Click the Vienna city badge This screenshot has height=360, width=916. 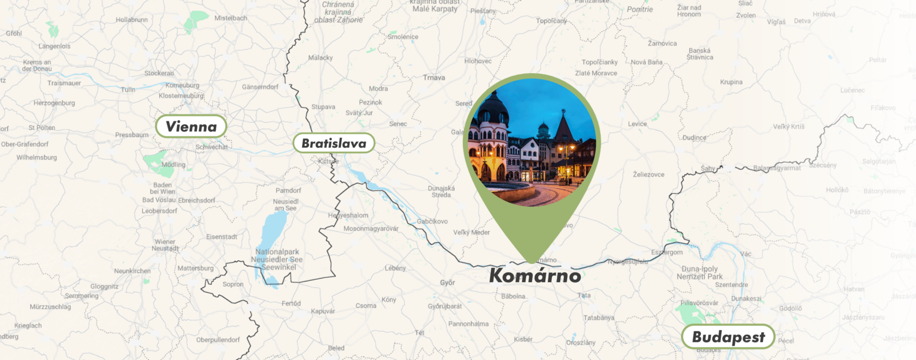click(x=191, y=127)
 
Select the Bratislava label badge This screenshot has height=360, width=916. click(x=334, y=143)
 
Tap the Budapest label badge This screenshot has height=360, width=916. click(x=728, y=337)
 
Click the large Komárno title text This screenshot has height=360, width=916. click(x=535, y=275)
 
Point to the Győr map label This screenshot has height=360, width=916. click(x=448, y=283)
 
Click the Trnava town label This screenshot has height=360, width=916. click(x=434, y=77)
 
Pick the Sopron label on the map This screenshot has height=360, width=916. click(x=233, y=284)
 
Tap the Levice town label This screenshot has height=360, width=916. click(x=637, y=124)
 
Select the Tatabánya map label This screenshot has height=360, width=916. click(x=599, y=317)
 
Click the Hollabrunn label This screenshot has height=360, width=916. click(x=131, y=20)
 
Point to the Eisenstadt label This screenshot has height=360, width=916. click(x=221, y=237)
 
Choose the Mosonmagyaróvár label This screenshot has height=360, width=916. click(x=371, y=229)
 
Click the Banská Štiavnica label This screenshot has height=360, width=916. click(x=700, y=53)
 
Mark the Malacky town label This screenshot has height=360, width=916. click(x=320, y=58)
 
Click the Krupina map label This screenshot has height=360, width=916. click(x=731, y=82)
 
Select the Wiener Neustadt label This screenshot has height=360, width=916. click(x=165, y=245)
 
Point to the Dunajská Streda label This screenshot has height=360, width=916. click(x=441, y=191)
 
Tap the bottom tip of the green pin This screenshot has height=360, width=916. click(x=532, y=262)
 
